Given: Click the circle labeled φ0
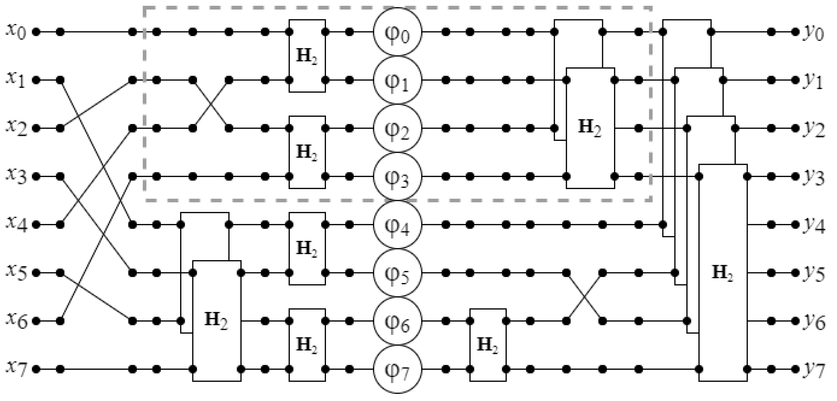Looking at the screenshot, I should click(397, 32).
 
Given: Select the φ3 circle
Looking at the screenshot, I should click(397, 177).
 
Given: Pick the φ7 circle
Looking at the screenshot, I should click(397, 369).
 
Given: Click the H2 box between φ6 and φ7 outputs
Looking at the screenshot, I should click(488, 345).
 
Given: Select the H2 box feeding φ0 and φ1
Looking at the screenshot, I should click(307, 56).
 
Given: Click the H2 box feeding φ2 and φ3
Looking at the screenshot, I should click(307, 152).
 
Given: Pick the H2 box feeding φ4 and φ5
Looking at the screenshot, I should click(307, 248).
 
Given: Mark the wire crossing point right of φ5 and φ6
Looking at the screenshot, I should click(584, 297).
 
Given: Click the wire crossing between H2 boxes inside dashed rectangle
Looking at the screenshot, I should click(211, 104).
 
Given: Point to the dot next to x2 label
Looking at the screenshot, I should click(36, 129).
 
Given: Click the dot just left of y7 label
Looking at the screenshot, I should click(795, 369).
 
